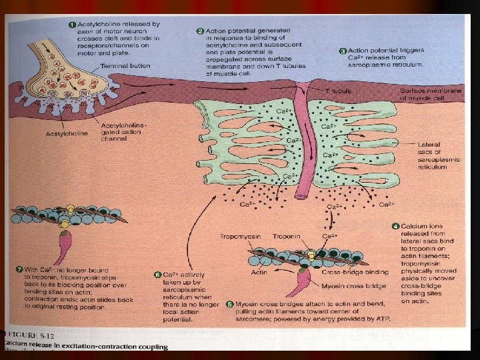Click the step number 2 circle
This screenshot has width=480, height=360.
click(x=200, y=31)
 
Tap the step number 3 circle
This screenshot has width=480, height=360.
click(x=343, y=51)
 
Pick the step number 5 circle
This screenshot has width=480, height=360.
click(x=230, y=303)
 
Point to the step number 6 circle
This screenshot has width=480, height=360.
click(x=158, y=275)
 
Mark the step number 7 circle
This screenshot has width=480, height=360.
click(x=19, y=269)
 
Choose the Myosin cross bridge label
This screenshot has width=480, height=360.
click(x=347, y=286)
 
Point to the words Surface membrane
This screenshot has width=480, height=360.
click(x=427, y=91)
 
